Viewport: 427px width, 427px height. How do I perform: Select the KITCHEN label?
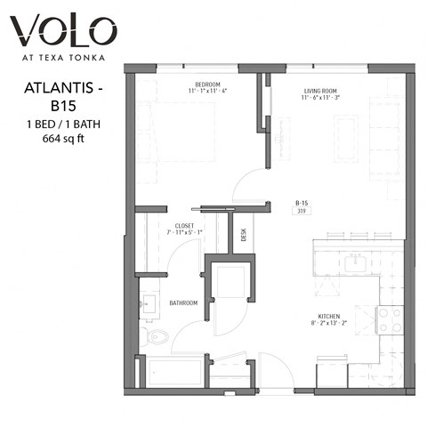pyautogui.click(x=332, y=315)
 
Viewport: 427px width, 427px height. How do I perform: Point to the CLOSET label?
pyautogui.click(x=184, y=226)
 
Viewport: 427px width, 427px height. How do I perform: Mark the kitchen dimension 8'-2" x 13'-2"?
pyautogui.click(x=331, y=323)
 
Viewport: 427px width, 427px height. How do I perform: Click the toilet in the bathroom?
pyautogui.click(x=157, y=336)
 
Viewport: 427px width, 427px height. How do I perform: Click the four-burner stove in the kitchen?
pyautogui.click(x=389, y=319)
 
